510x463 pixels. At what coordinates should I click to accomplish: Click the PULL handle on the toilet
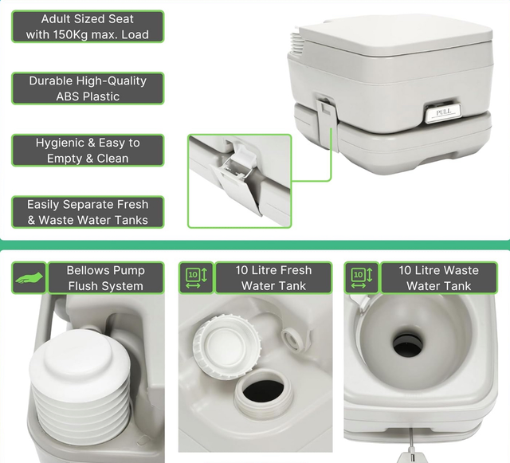[x=443, y=113]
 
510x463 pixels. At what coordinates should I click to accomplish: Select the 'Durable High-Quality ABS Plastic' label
[x=88, y=88]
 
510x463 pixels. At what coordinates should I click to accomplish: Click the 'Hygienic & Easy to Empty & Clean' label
[x=88, y=150]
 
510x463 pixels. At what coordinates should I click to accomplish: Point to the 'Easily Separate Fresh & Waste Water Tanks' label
[x=88, y=212]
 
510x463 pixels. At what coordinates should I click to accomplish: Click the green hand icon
[x=29, y=277]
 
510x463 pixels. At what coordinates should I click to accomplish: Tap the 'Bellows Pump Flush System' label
[x=106, y=277]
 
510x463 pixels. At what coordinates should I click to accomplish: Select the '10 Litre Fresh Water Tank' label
[x=273, y=277]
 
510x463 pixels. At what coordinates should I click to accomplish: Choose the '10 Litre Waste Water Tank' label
[x=439, y=277]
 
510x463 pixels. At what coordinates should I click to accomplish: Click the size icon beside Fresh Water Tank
[x=196, y=277]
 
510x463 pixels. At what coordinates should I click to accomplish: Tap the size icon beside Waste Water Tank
[x=361, y=277]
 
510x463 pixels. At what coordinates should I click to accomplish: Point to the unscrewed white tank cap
[x=226, y=346]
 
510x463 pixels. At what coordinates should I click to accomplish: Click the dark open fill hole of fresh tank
[x=264, y=390]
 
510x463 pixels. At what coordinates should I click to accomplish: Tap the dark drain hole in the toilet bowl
[x=408, y=346]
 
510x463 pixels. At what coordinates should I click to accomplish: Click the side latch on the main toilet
[x=328, y=124]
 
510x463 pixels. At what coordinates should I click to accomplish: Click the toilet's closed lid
[x=394, y=36]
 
